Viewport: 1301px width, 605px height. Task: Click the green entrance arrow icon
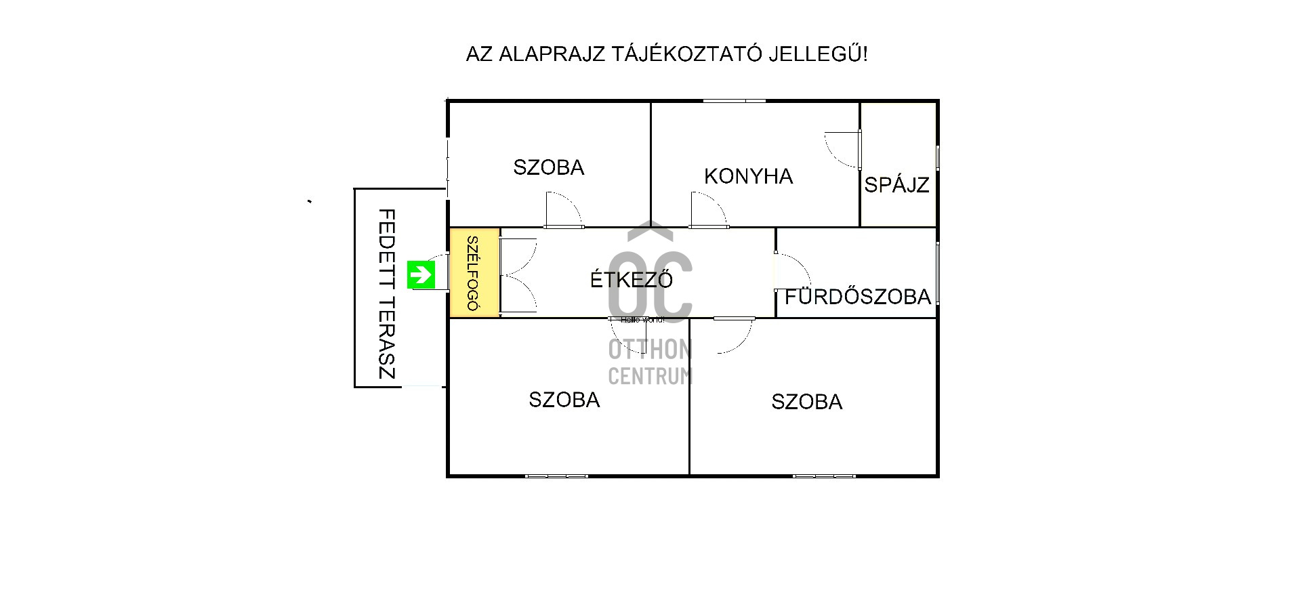click(421, 274)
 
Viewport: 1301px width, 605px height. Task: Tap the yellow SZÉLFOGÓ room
click(474, 273)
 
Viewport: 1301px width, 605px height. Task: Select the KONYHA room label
click(748, 177)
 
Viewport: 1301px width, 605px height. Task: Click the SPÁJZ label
click(896, 185)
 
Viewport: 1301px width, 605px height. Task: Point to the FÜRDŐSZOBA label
click(858, 297)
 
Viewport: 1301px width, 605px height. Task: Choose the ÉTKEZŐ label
click(632, 280)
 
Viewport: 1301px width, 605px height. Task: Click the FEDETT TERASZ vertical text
click(386, 293)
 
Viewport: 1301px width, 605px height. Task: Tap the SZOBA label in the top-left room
click(548, 167)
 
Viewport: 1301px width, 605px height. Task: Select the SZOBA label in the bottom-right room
click(806, 402)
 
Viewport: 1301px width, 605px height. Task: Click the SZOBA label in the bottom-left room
click(564, 400)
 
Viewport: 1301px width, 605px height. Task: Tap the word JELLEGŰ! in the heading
click(818, 54)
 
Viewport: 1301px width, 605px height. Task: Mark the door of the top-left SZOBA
click(563, 210)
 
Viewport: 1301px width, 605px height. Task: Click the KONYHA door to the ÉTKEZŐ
click(707, 210)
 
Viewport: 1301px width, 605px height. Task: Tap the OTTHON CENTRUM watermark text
click(650, 362)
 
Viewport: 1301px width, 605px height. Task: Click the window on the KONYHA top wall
click(734, 101)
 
